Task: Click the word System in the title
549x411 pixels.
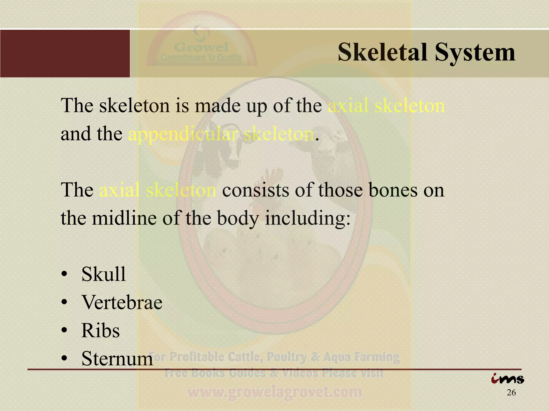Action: pos(475,53)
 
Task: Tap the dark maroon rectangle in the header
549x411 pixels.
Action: pos(65,54)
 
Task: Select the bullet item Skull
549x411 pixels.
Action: pos(103,274)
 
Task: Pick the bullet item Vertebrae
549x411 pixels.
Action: pos(122,302)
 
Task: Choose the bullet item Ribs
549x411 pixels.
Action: pos(101,330)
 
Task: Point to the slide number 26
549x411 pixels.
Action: pos(511,393)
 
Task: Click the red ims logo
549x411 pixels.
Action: pos(507,379)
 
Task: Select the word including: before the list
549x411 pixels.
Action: pos(308,218)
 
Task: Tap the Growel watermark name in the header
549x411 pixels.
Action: pos(202,47)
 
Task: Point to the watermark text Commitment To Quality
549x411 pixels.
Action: pos(202,58)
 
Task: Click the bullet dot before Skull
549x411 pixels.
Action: pos(64,275)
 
